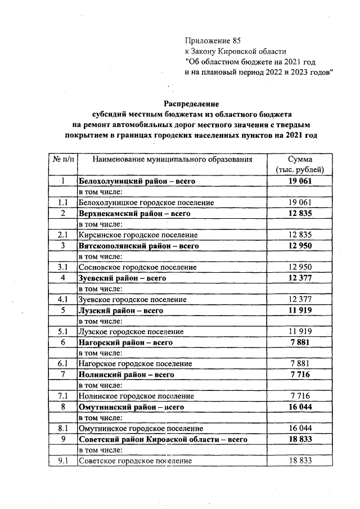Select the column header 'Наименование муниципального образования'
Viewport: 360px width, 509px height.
click(173, 159)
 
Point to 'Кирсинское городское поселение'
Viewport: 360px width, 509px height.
click(138, 235)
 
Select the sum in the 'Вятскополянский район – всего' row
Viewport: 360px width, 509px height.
click(300, 245)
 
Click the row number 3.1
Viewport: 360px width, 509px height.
click(63, 267)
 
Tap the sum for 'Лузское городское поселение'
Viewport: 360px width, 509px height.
click(300, 331)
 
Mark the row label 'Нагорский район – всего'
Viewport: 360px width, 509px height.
click(125, 342)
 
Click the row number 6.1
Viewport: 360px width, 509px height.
click(63, 363)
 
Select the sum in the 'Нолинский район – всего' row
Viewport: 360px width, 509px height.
click(300, 374)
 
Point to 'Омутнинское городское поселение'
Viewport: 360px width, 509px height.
click(140, 428)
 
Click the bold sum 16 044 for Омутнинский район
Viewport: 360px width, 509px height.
click(300, 407)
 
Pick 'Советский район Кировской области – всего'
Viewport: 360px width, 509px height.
click(163, 439)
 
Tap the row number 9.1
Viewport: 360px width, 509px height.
click(63, 461)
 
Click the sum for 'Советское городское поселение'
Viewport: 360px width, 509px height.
click(300, 461)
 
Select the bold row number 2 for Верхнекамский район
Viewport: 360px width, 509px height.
click(63, 213)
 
